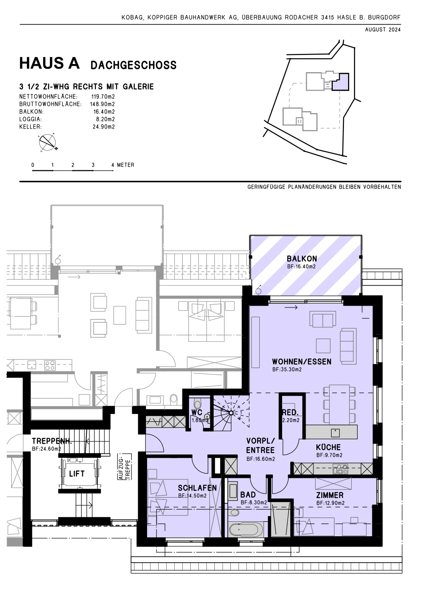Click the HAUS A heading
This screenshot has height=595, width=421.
tap(50, 64)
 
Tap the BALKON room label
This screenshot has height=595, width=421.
tap(302, 259)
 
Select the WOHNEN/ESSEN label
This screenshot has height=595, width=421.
tap(302, 361)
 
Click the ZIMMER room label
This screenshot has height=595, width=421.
tap(330, 495)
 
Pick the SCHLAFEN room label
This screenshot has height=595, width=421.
tap(197, 488)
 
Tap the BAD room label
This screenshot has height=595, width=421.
tap(248, 495)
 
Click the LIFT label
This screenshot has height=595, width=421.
tap(77, 474)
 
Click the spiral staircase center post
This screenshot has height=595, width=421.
tap(231, 413)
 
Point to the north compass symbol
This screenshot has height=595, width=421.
tap(48, 143)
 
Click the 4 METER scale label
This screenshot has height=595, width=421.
tap(123, 165)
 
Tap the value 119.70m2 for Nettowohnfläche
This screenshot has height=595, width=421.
tap(103, 97)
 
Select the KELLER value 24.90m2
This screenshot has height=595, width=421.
tap(104, 127)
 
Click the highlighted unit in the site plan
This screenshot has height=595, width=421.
tap(341, 83)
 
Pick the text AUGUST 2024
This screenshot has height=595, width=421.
tap(383, 30)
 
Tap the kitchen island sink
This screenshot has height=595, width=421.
tap(335, 433)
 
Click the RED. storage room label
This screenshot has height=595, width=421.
tap(290, 412)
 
